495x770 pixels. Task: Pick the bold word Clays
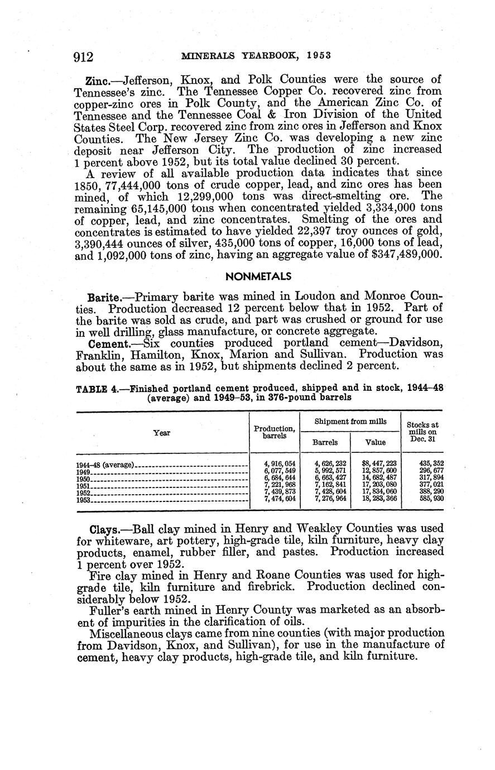pyautogui.click(x=104, y=528)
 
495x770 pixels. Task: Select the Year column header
pyautogui.click(x=162, y=433)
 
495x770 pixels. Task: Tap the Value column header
pyautogui.click(x=375, y=442)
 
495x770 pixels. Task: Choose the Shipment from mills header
pyautogui.click(x=350, y=422)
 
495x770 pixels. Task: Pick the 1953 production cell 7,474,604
pyautogui.click(x=278, y=499)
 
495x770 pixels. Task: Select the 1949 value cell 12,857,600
pyautogui.click(x=379, y=471)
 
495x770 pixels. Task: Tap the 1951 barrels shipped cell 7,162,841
pyautogui.click(x=330, y=485)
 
